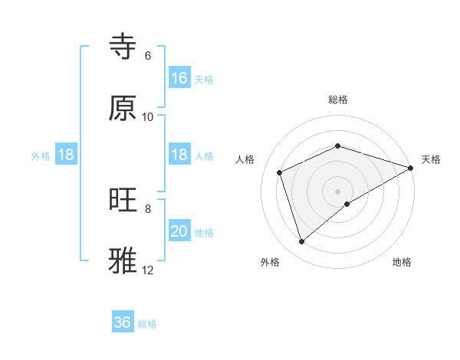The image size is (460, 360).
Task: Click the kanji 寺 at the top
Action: [123, 47]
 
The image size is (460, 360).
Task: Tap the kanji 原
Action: [123, 108]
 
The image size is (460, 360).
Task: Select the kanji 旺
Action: [123, 201]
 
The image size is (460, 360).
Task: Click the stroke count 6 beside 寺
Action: [147, 56]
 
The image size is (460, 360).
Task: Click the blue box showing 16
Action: [179, 78]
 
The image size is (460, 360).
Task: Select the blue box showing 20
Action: [179, 231]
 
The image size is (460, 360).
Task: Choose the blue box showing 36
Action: [123, 322]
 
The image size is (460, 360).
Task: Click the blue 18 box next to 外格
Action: [66, 155]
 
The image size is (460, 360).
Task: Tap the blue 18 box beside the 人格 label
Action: [179, 155]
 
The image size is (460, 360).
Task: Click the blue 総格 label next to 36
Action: [147, 324]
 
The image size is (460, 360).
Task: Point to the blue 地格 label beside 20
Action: [204, 233]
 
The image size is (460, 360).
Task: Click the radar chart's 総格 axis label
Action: [338, 100]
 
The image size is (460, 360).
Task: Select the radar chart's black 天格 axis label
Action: [431, 160]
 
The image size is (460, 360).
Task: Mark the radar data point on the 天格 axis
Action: [412, 167]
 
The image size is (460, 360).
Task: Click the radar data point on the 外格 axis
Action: [301, 242]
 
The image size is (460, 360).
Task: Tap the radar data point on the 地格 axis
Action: [347, 204]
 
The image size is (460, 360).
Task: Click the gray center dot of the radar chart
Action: [338, 191]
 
